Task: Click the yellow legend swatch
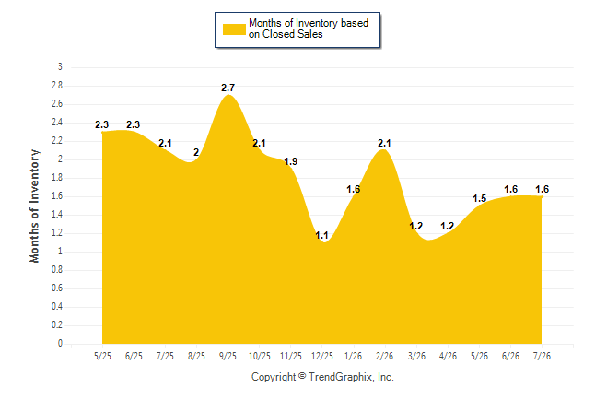(234, 29)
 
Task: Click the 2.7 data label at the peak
(228, 88)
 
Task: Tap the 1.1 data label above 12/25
(321, 236)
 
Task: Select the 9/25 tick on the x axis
(227, 356)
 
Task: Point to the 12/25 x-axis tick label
(321, 356)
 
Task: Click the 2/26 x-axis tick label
(384, 356)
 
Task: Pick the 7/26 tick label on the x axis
(542, 356)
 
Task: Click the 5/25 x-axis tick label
(102, 356)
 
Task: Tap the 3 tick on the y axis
(60, 67)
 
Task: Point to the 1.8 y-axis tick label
(57, 178)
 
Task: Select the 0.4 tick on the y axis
(57, 307)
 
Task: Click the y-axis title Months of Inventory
(34, 206)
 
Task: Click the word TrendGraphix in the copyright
(341, 377)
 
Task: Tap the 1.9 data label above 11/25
(291, 161)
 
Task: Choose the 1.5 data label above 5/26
(479, 199)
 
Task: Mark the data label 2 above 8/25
(196, 152)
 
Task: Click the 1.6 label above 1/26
(354, 189)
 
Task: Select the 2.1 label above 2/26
(384, 143)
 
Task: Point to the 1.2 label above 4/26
(448, 227)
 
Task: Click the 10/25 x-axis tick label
(260, 356)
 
